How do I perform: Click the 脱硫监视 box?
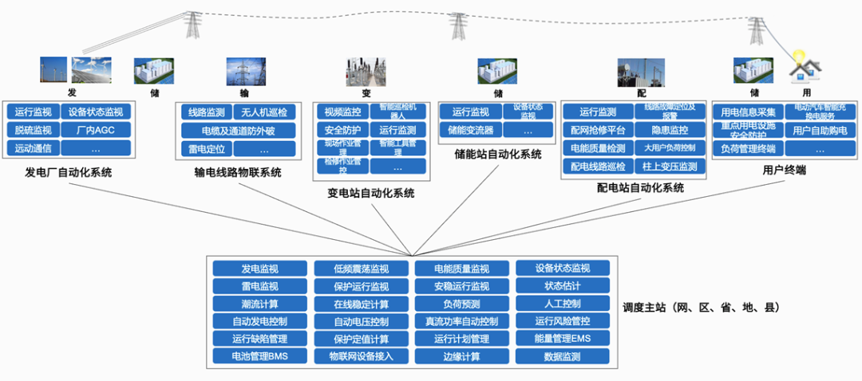pyautogui.click(x=33, y=130)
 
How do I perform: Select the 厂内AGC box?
pyautogui.click(x=95, y=130)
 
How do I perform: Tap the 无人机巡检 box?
pyautogui.click(x=264, y=112)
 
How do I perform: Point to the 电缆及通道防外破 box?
pyautogui.click(x=237, y=131)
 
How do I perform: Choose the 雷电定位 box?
pyautogui.click(x=206, y=149)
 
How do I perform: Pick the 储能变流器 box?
pyautogui.click(x=470, y=130)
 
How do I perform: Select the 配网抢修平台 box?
pyautogui.click(x=598, y=130)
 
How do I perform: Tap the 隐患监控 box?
pyautogui.click(x=670, y=130)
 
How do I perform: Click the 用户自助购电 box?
pyautogui.click(x=820, y=130)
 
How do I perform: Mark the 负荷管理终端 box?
pyautogui.click(x=748, y=148)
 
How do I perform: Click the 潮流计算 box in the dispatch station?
pyautogui.click(x=259, y=304)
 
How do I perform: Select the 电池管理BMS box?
pyautogui.click(x=259, y=356)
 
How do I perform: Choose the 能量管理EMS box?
pyautogui.click(x=562, y=339)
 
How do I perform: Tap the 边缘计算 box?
pyautogui.click(x=461, y=356)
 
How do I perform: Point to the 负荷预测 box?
pyautogui.click(x=461, y=304)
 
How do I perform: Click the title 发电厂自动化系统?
pyautogui.click(x=68, y=172)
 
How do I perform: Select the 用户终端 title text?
pyautogui.click(x=783, y=171)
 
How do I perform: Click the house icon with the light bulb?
pyautogui.click(x=801, y=70)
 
